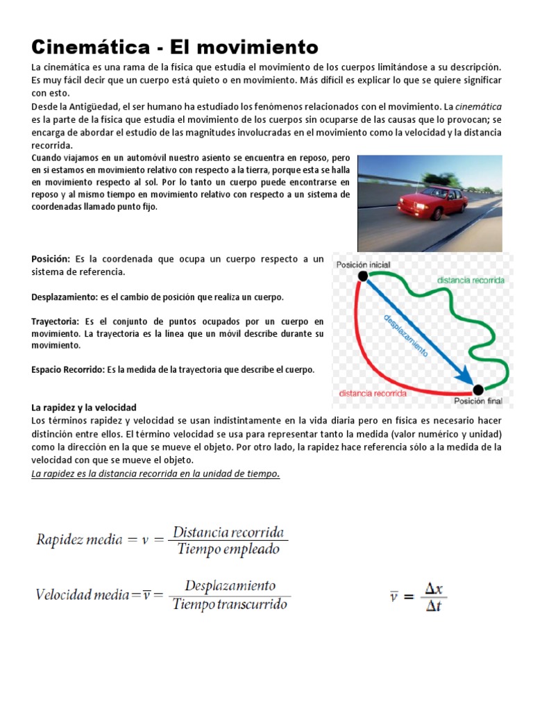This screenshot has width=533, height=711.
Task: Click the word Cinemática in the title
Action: point(90,47)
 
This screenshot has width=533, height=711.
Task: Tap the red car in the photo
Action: point(423,201)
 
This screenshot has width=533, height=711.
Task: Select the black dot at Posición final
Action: point(477,390)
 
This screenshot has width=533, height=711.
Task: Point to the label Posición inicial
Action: point(363,265)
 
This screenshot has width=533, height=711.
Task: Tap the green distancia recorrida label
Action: point(471,281)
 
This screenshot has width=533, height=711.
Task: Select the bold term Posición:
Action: point(51,259)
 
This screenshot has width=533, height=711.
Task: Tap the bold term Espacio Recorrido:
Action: point(68,369)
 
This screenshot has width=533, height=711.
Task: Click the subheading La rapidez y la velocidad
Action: point(84,407)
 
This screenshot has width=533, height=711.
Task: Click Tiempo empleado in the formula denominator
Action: point(228,550)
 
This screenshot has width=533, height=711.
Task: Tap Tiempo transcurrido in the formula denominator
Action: point(230,604)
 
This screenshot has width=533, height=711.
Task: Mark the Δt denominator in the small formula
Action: point(434,605)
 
